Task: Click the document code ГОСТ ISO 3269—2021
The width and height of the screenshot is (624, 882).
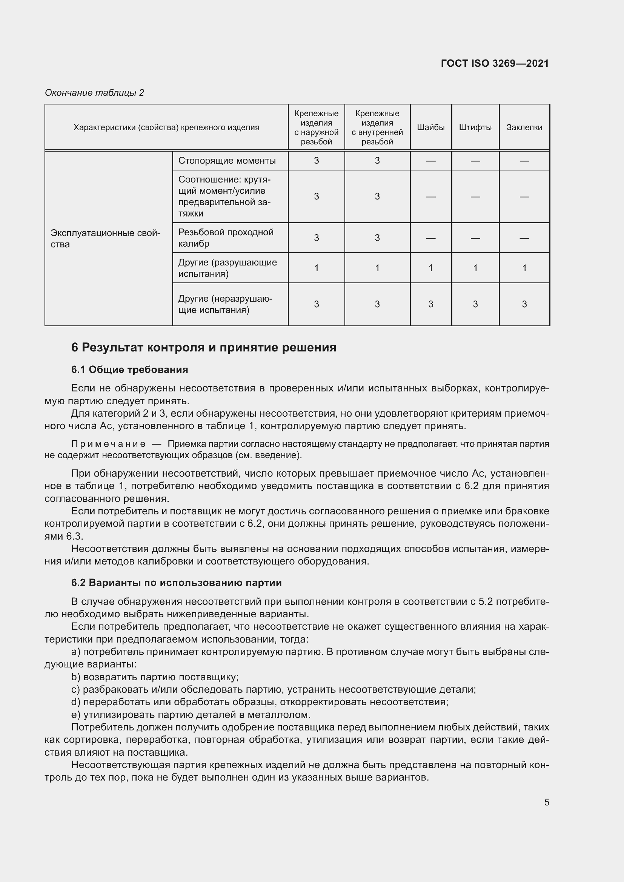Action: pos(495,63)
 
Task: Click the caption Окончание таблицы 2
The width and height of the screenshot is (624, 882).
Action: pos(94,93)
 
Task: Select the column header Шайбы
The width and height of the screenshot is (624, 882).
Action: pos(431,127)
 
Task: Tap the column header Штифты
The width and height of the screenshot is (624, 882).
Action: pos(475,127)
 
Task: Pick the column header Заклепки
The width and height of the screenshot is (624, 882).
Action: pos(524,127)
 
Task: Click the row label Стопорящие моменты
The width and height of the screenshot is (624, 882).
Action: pos(227,161)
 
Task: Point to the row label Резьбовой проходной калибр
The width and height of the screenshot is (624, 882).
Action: pos(226,238)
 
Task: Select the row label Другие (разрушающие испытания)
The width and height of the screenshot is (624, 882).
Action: pos(227,268)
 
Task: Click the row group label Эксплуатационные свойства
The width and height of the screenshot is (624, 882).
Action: pos(105,239)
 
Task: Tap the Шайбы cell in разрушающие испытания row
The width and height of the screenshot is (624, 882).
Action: pos(431,268)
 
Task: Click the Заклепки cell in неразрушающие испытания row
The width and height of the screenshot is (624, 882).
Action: pos(524,304)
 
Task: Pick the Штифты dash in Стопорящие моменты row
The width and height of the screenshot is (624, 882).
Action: pos(475,161)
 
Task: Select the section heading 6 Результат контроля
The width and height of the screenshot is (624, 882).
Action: pos(204,347)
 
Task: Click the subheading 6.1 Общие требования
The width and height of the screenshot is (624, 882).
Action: pos(129,370)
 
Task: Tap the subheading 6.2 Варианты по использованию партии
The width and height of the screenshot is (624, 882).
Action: pos(176,583)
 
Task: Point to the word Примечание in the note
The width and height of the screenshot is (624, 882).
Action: pos(108,444)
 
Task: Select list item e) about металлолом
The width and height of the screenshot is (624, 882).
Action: pos(191,715)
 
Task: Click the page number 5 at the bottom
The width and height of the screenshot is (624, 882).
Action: pos(546,802)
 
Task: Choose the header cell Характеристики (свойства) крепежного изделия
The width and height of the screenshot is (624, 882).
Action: pos(166,127)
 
